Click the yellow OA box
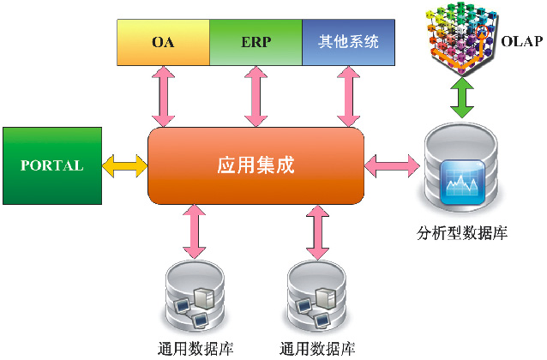point(163,42)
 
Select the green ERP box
point(255,42)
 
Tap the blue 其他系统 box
point(347,42)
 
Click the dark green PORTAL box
point(51,166)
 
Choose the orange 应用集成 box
point(255,165)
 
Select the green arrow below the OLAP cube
point(463,99)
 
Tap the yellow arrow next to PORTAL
point(125,166)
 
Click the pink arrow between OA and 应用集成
point(163,97)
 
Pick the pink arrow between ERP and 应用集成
point(255,97)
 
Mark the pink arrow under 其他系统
point(347,97)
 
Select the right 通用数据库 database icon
point(318,298)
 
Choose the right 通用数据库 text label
point(318,349)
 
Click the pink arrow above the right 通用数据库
point(318,231)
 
